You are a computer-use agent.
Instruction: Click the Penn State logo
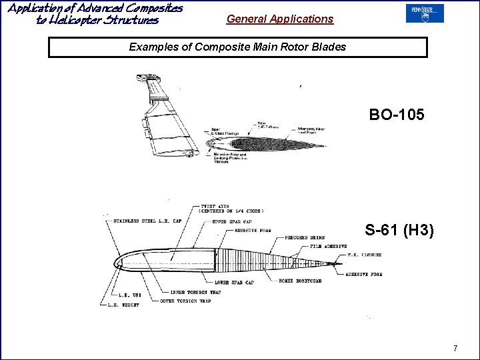424,14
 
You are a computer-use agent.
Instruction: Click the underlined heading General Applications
279,19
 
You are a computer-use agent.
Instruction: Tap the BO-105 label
397,114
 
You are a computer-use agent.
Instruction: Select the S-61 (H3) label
399,231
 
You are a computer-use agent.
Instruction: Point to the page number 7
455,348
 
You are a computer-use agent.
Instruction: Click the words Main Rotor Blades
305,47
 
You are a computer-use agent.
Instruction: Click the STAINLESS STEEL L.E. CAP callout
147,221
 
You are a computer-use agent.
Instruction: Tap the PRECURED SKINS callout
303,237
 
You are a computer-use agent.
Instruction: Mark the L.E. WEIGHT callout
123,305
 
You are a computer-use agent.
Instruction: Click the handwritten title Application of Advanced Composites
95,8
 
